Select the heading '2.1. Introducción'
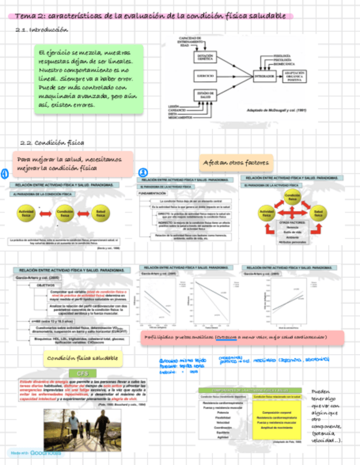49,30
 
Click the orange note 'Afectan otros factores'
236,163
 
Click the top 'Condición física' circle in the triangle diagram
292,196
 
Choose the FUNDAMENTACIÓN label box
153,194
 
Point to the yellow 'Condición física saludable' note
82,358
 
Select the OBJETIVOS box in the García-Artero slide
46,286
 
